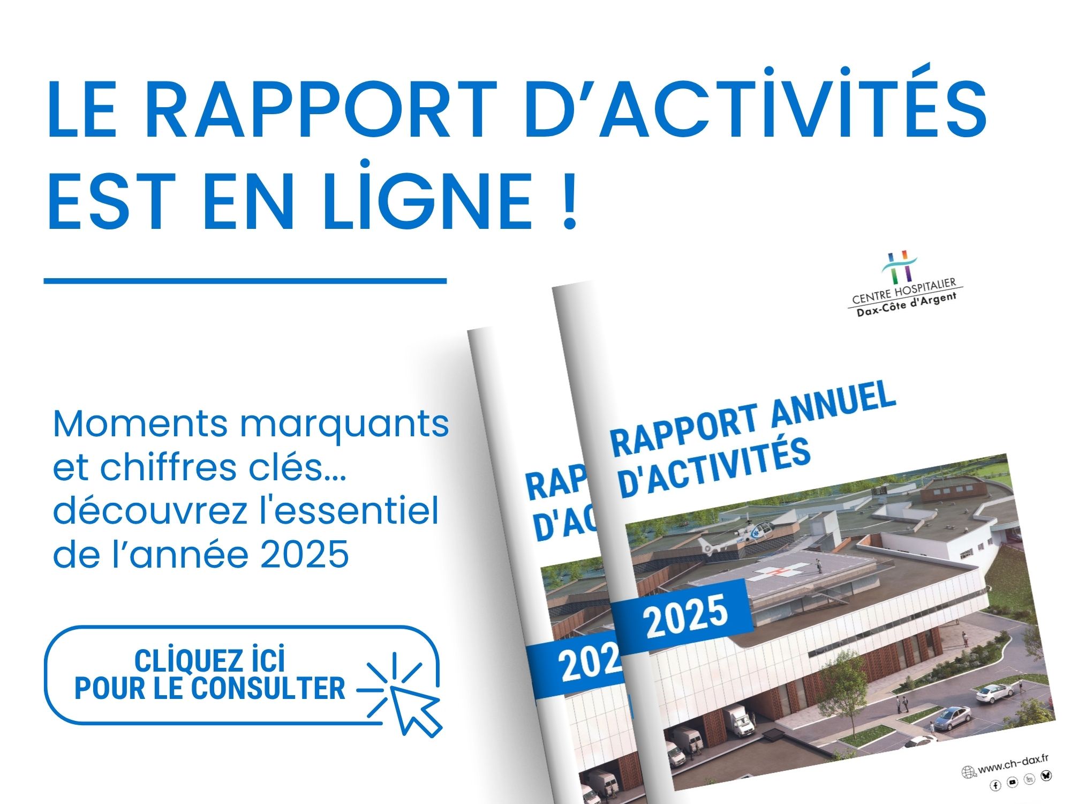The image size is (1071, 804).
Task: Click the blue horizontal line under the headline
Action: click(x=245, y=280)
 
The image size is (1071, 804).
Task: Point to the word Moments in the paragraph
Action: click(x=140, y=424)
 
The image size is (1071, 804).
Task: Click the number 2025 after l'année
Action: click(x=305, y=554)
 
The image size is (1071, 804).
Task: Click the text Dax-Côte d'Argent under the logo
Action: click(x=907, y=305)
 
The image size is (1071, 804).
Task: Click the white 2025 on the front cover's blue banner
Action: click(x=686, y=616)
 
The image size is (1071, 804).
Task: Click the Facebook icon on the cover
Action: click(x=995, y=785)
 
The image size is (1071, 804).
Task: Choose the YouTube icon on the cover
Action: click(x=1012, y=782)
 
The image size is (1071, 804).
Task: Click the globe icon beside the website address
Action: click(x=969, y=772)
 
